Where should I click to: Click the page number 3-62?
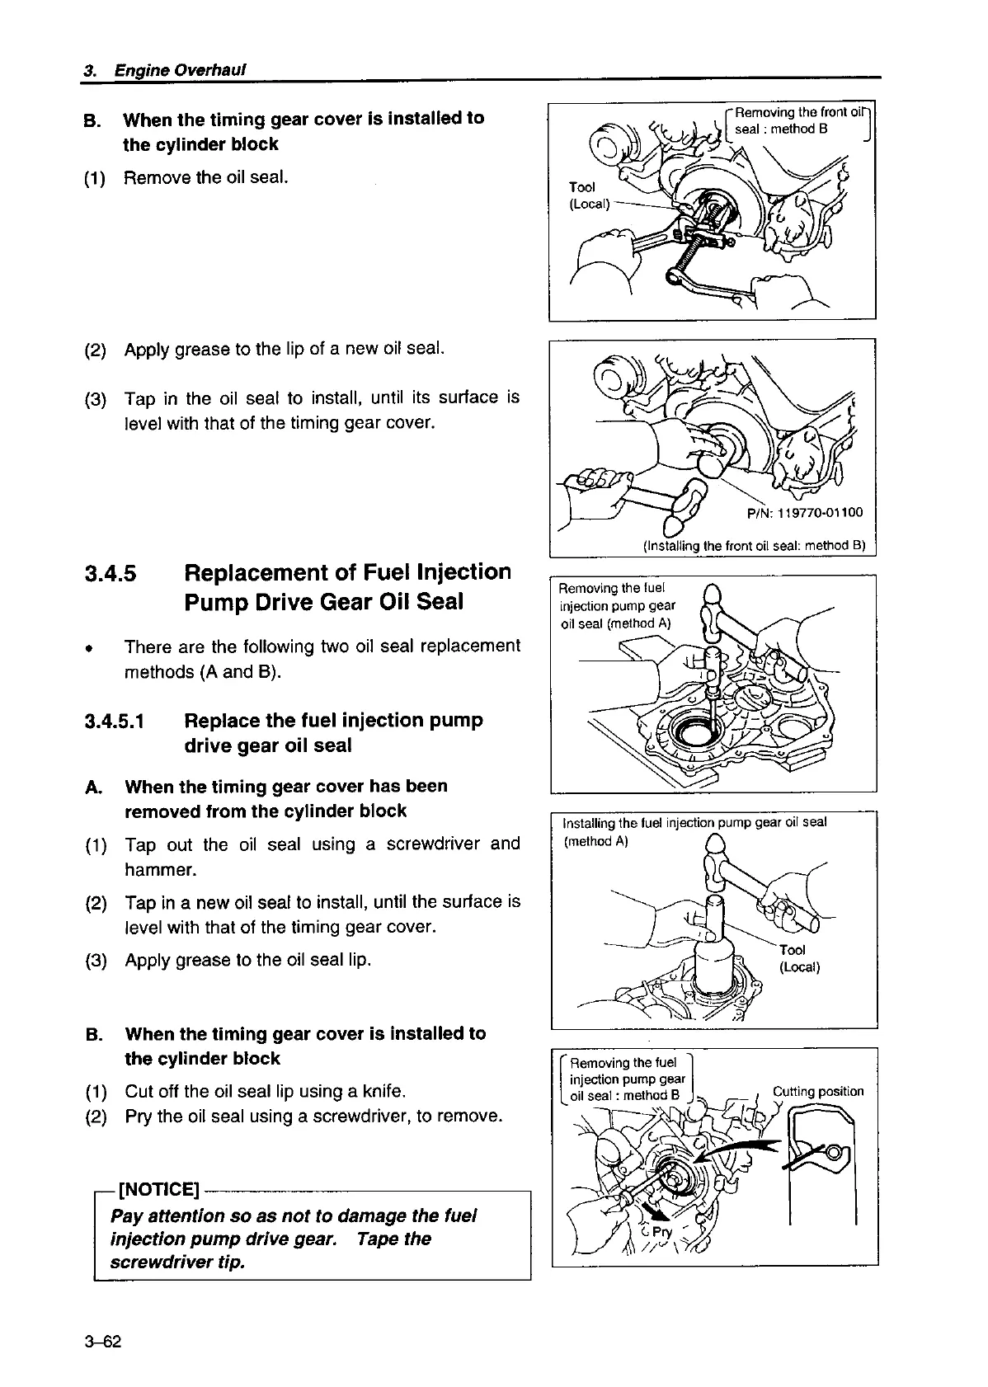102,1342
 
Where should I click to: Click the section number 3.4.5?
111,573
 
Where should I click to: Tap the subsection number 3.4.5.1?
115,721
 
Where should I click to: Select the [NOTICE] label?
159,1190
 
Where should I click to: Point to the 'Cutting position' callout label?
817,1091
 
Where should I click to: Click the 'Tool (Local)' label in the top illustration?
589,195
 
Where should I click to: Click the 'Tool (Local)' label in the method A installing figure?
798,958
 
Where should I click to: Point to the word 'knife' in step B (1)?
383,1092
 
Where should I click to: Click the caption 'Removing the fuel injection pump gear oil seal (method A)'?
616,605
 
